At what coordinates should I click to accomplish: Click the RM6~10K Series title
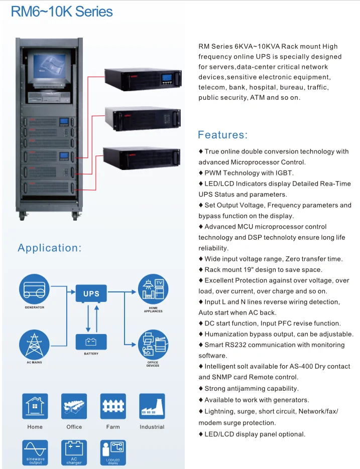[x=62, y=12]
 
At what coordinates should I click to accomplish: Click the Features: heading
[x=222, y=134]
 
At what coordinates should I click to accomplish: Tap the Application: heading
[x=49, y=248]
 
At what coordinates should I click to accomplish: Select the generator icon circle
[x=34, y=289]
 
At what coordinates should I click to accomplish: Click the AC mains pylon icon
[x=34, y=345]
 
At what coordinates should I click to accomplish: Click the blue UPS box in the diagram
[x=91, y=293]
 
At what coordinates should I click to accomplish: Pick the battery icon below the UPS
[x=91, y=342]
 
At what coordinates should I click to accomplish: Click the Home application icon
[x=35, y=406]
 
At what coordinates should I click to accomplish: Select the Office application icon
[x=74, y=406]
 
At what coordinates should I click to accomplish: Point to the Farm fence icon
[x=113, y=406]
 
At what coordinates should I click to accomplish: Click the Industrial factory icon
[x=152, y=406]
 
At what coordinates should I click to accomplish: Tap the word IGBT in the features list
[x=283, y=173]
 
